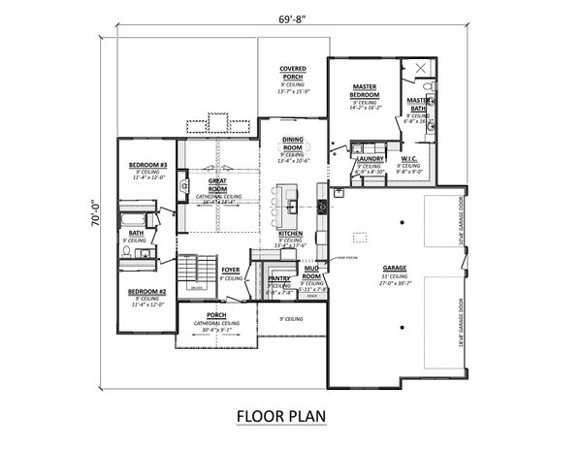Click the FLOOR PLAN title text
(281, 417)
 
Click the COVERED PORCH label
(293, 73)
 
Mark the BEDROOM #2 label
(149, 292)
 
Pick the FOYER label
(230, 271)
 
